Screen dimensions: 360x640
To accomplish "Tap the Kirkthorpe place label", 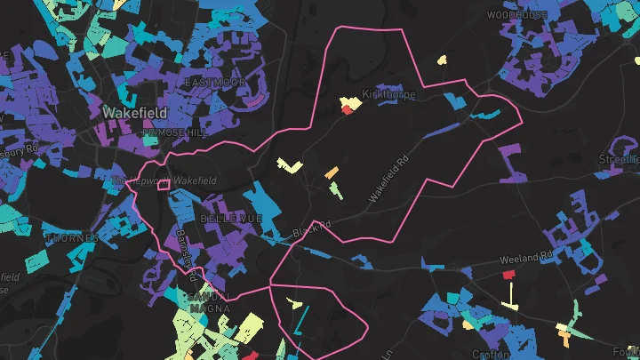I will coord(388,95).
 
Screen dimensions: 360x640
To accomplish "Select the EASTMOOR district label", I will coord(214,82).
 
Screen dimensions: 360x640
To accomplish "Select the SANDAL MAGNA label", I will coord(209,302).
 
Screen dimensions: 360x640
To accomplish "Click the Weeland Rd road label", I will coord(526,258).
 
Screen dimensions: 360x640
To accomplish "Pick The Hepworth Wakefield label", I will coord(164,181).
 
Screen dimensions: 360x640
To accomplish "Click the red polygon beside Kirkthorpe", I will coord(347,110).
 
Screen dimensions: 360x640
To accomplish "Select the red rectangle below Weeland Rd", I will coord(509,275).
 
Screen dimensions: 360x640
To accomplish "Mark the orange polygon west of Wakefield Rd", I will coord(332,172).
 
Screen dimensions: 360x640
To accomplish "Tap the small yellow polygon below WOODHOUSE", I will coord(442,60).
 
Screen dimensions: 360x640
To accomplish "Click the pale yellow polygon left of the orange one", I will coord(290,165).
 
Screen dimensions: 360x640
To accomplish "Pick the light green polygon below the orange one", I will coord(334,188).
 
